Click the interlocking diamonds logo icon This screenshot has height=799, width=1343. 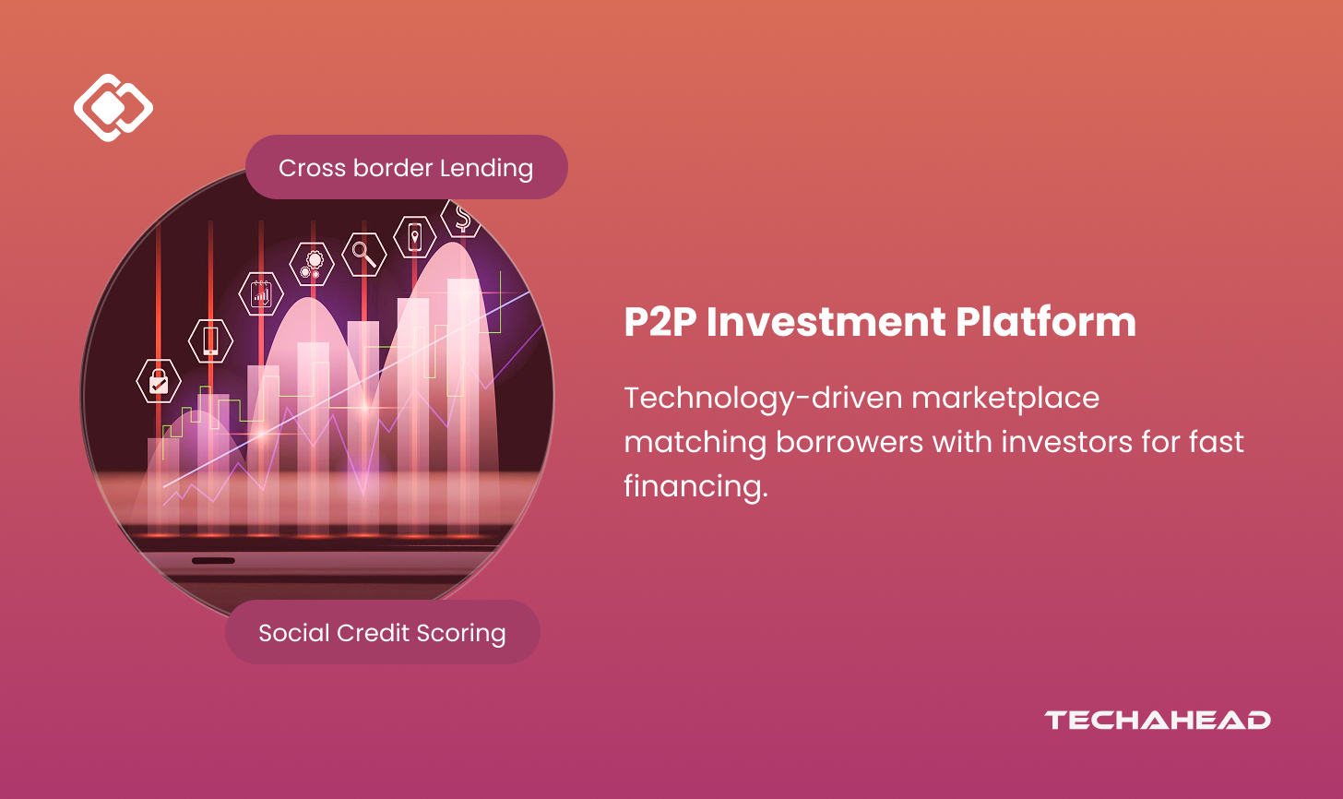[113, 107]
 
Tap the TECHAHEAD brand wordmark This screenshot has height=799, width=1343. [1157, 720]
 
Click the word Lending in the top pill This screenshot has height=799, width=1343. [486, 169]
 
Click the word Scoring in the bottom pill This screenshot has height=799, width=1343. [461, 634]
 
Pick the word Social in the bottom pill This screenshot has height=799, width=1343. [293, 633]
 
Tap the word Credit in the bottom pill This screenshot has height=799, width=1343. [373, 633]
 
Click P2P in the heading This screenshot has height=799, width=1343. [660, 322]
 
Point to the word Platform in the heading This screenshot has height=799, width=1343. [1046, 321]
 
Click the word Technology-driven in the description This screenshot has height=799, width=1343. [763, 399]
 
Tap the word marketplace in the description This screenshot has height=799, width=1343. [1005, 399]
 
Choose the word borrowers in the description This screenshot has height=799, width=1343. [850, 442]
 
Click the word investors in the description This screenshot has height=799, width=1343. [1066, 442]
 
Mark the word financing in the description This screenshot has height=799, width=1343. [695, 486]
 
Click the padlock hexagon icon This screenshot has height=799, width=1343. [159, 380]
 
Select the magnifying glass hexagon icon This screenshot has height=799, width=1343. [364, 255]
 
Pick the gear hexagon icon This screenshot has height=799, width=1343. [312, 264]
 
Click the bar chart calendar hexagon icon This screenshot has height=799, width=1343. [261, 294]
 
